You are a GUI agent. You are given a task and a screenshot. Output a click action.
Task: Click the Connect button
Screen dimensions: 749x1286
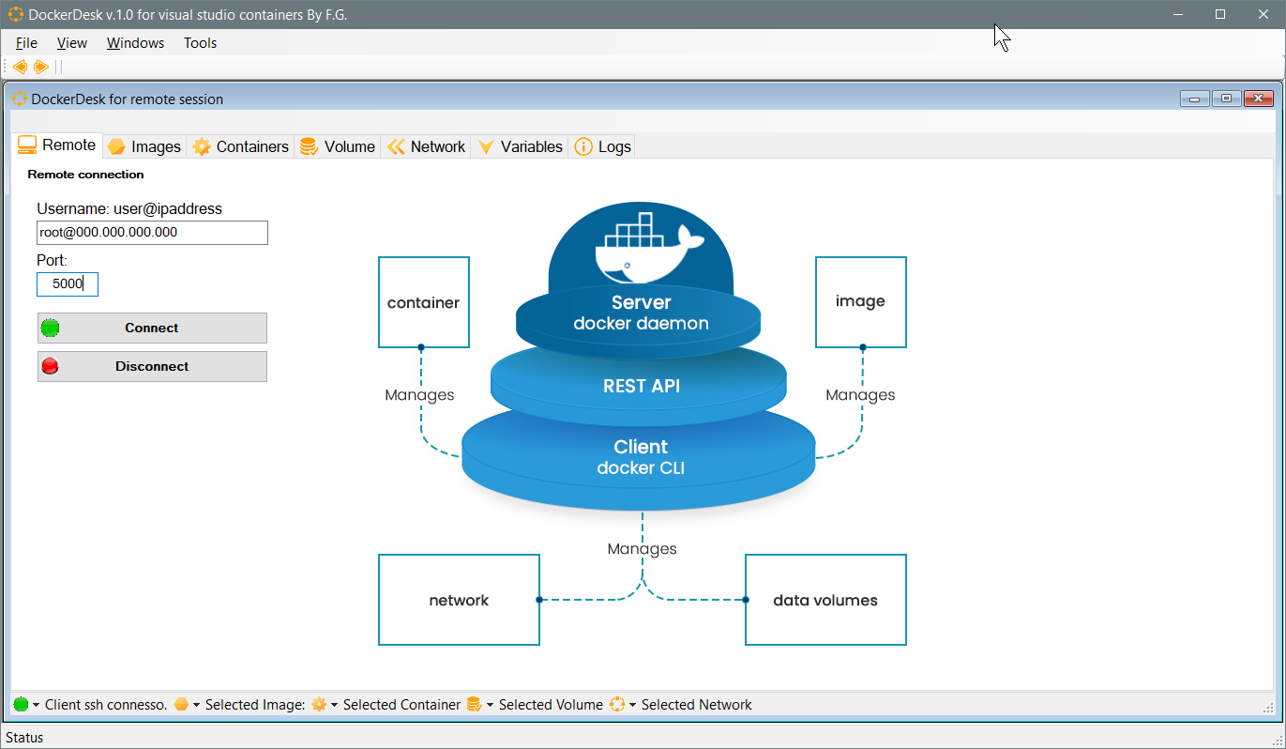152,328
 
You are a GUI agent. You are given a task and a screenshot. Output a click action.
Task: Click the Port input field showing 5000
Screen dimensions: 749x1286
68,284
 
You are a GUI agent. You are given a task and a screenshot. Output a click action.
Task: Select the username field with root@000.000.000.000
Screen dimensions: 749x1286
152,233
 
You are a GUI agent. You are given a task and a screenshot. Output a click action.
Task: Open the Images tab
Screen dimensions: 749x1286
144,146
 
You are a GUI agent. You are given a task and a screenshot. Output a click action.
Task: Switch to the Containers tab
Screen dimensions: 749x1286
241,146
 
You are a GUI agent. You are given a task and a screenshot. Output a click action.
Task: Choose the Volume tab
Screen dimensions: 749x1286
338,146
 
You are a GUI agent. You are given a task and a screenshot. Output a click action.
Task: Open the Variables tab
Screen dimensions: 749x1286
521,146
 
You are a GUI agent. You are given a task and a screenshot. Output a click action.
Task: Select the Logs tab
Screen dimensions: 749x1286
603,146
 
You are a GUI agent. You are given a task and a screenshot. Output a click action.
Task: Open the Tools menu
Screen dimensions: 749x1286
200,43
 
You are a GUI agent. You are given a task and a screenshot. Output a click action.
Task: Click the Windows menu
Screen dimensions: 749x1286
135,43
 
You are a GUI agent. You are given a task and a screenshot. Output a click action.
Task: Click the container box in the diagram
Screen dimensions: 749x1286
424,302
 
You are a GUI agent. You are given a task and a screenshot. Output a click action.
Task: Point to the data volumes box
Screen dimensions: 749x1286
825,600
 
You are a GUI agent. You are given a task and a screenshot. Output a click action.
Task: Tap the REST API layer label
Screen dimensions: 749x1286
642,386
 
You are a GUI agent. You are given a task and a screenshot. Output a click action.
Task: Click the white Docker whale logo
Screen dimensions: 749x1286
648,248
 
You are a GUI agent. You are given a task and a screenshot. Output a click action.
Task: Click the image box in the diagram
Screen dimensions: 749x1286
860,301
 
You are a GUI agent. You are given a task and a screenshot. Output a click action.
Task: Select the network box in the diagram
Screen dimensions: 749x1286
459,600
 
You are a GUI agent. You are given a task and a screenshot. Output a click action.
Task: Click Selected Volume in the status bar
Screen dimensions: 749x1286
551,705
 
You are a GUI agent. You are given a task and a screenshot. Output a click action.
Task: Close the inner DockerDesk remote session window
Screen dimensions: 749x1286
1259,99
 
